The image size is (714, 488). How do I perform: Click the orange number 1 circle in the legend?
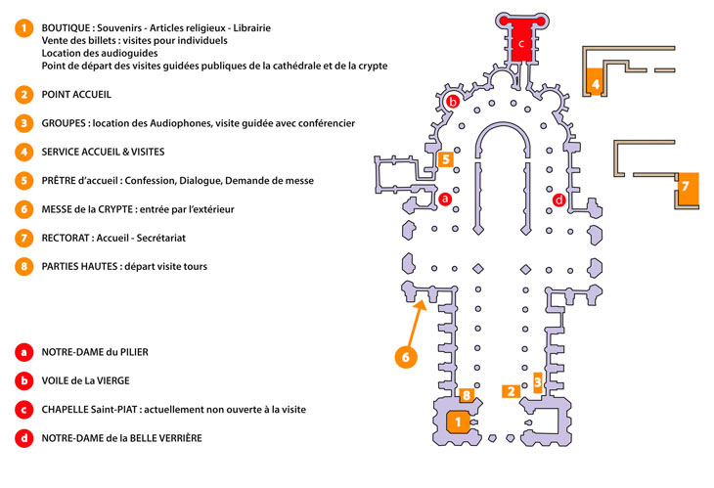click(x=22, y=27)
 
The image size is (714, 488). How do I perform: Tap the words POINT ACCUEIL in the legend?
click(x=76, y=95)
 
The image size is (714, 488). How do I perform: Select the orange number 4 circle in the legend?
click(x=22, y=153)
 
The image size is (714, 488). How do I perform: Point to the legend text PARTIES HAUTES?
click(x=83, y=266)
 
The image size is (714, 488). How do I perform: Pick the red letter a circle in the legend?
click(x=22, y=351)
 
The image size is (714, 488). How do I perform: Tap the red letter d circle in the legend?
click(x=22, y=437)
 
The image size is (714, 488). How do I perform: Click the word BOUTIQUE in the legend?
click(x=69, y=27)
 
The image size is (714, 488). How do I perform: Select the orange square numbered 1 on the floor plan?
click(x=455, y=421)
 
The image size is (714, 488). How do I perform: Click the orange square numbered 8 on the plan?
click(x=467, y=395)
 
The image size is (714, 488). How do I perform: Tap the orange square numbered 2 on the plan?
click(x=510, y=390)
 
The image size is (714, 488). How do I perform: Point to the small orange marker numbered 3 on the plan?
click(x=536, y=380)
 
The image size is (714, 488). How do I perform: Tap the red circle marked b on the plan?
click(x=453, y=101)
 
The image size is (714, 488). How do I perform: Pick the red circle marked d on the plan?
click(x=558, y=200)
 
